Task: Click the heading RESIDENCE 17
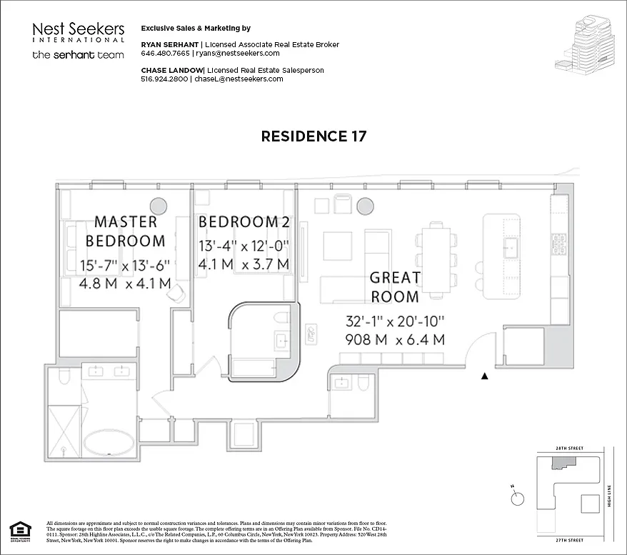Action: click(x=313, y=136)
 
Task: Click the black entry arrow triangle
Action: click(x=485, y=375)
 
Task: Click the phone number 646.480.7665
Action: click(x=166, y=54)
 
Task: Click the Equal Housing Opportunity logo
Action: click(x=21, y=532)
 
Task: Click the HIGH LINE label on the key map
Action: click(x=610, y=493)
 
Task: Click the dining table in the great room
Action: click(x=436, y=259)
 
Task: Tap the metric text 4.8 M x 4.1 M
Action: click(x=126, y=283)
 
